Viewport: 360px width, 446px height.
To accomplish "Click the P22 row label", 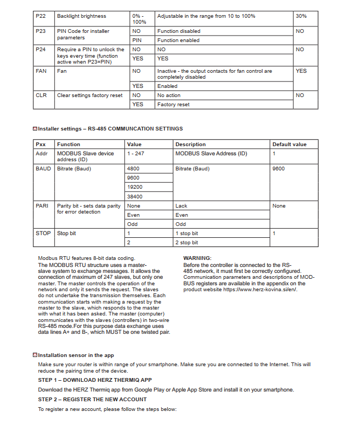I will click(40, 16).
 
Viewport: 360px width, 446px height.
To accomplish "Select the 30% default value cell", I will click(301, 16).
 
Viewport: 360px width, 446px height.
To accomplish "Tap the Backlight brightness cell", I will click(81, 16).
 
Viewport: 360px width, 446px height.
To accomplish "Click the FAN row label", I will click(41, 71).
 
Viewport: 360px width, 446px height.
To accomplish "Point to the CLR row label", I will click(41, 95).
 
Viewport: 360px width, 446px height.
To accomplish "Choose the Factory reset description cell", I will click(174, 105).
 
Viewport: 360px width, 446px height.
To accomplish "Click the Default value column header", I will click(289, 145).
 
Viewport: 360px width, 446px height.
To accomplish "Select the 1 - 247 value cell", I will click(135, 154).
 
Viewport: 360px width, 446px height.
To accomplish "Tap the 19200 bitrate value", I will click(135, 187).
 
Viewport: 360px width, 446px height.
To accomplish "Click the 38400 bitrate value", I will click(135, 197).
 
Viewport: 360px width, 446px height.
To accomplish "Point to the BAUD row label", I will click(43, 169).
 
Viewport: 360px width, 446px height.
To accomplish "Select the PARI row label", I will click(42, 206).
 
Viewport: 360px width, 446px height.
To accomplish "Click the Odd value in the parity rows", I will click(133, 224).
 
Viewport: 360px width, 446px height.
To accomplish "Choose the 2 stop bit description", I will click(186, 243).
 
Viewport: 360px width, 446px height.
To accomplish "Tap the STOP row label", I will click(43, 234).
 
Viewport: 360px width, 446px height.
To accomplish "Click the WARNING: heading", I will click(197, 258).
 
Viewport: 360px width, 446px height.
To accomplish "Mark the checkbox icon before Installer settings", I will click(35, 129).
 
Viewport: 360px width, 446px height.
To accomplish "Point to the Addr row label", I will click(41, 154).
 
